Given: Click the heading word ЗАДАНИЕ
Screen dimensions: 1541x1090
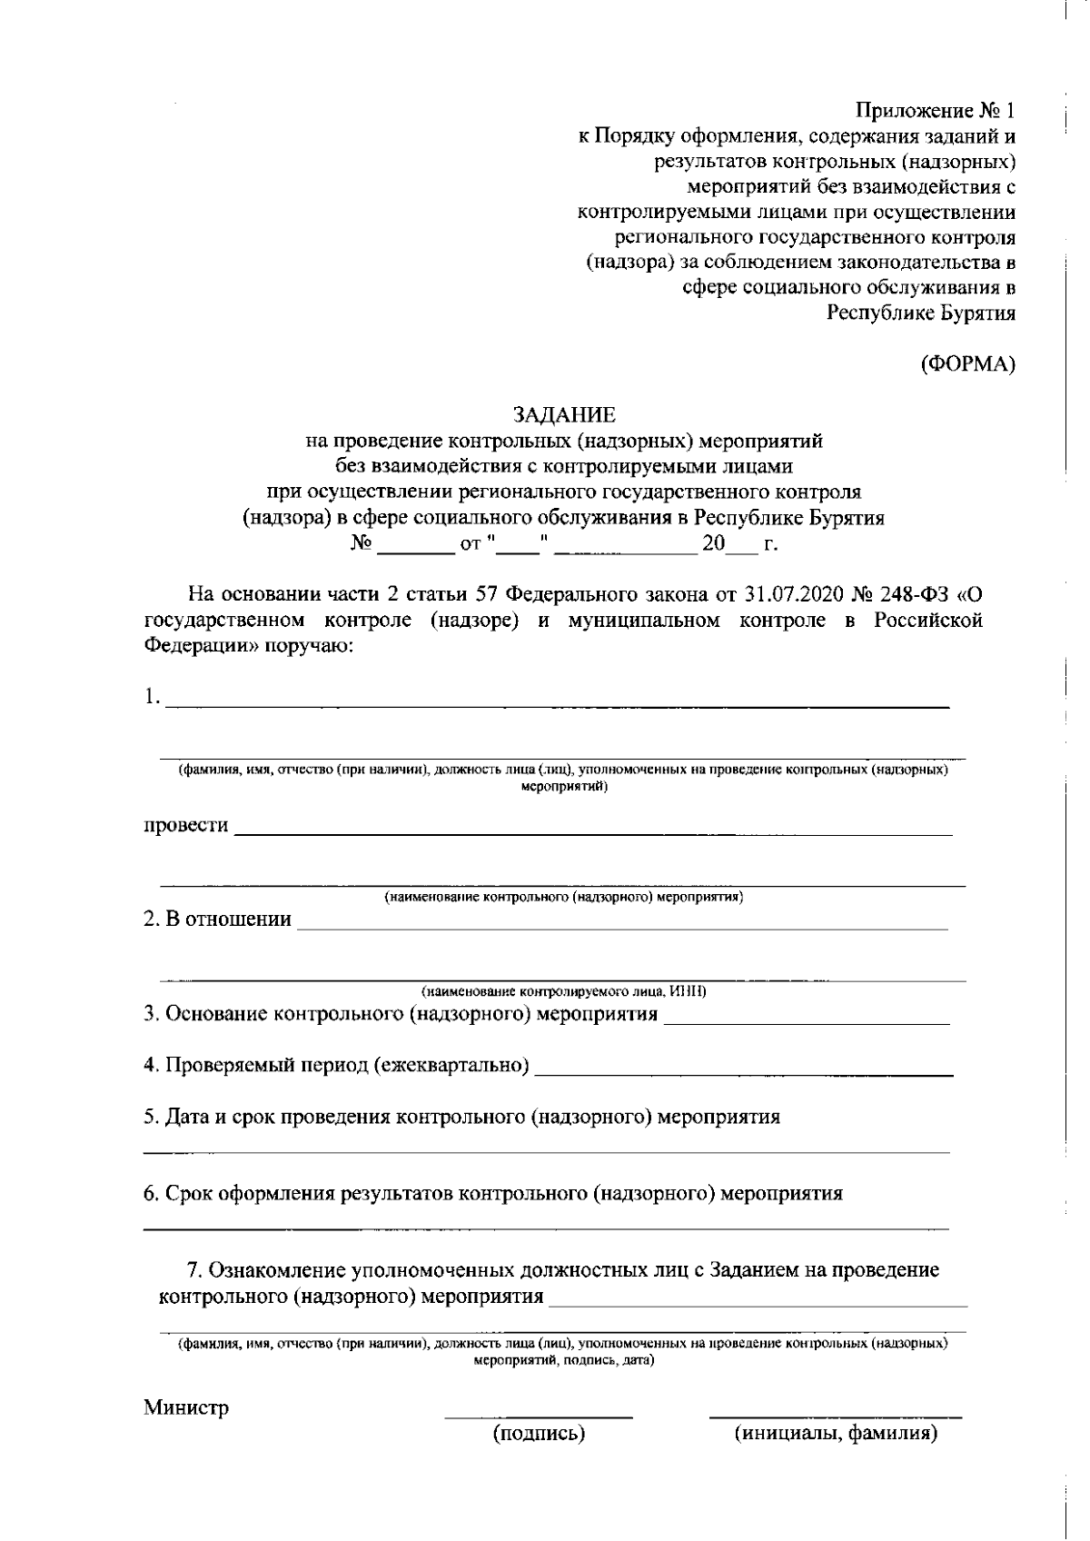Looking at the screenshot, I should [x=564, y=415].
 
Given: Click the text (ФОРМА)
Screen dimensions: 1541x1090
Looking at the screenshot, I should [x=967, y=364].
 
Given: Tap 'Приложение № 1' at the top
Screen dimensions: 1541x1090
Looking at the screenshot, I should [x=935, y=111].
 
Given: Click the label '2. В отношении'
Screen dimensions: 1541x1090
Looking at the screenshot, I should [x=217, y=920].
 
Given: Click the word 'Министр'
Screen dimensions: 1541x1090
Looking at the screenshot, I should [x=186, y=1407].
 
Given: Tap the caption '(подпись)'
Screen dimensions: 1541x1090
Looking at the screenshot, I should [x=539, y=1434].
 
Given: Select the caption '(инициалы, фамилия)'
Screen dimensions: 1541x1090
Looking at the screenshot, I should [x=836, y=1434].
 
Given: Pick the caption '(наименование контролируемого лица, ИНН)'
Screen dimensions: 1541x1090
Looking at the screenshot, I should [x=563, y=991].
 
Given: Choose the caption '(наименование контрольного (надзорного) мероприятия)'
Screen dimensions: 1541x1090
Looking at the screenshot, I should [x=563, y=897].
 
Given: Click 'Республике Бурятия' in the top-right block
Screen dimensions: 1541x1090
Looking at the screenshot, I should [x=920, y=313].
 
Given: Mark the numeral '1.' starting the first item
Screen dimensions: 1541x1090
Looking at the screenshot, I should [x=152, y=698].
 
